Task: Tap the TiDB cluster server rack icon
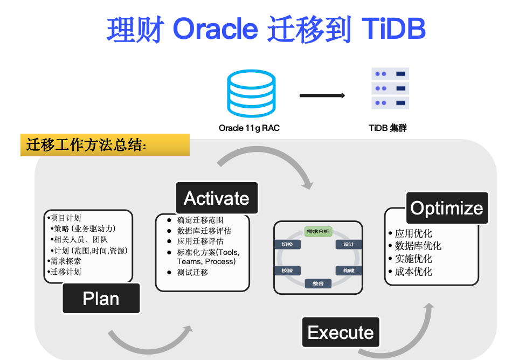coord(390,88)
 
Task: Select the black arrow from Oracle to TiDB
coord(322,95)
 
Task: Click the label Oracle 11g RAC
coord(249,128)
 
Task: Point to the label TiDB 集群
coord(388,128)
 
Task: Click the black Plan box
coord(101,299)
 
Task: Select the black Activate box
coord(217,198)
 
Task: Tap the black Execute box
coord(340,333)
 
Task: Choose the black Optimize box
coord(447,208)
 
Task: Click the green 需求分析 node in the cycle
coord(318,232)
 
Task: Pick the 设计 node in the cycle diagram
coord(348,244)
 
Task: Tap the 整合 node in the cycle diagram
coord(318,283)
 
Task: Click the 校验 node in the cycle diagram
coord(287,270)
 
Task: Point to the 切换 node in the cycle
coord(287,244)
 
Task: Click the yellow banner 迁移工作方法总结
coord(105,144)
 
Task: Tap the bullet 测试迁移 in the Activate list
coord(192,272)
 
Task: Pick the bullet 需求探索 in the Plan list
coord(65,261)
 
